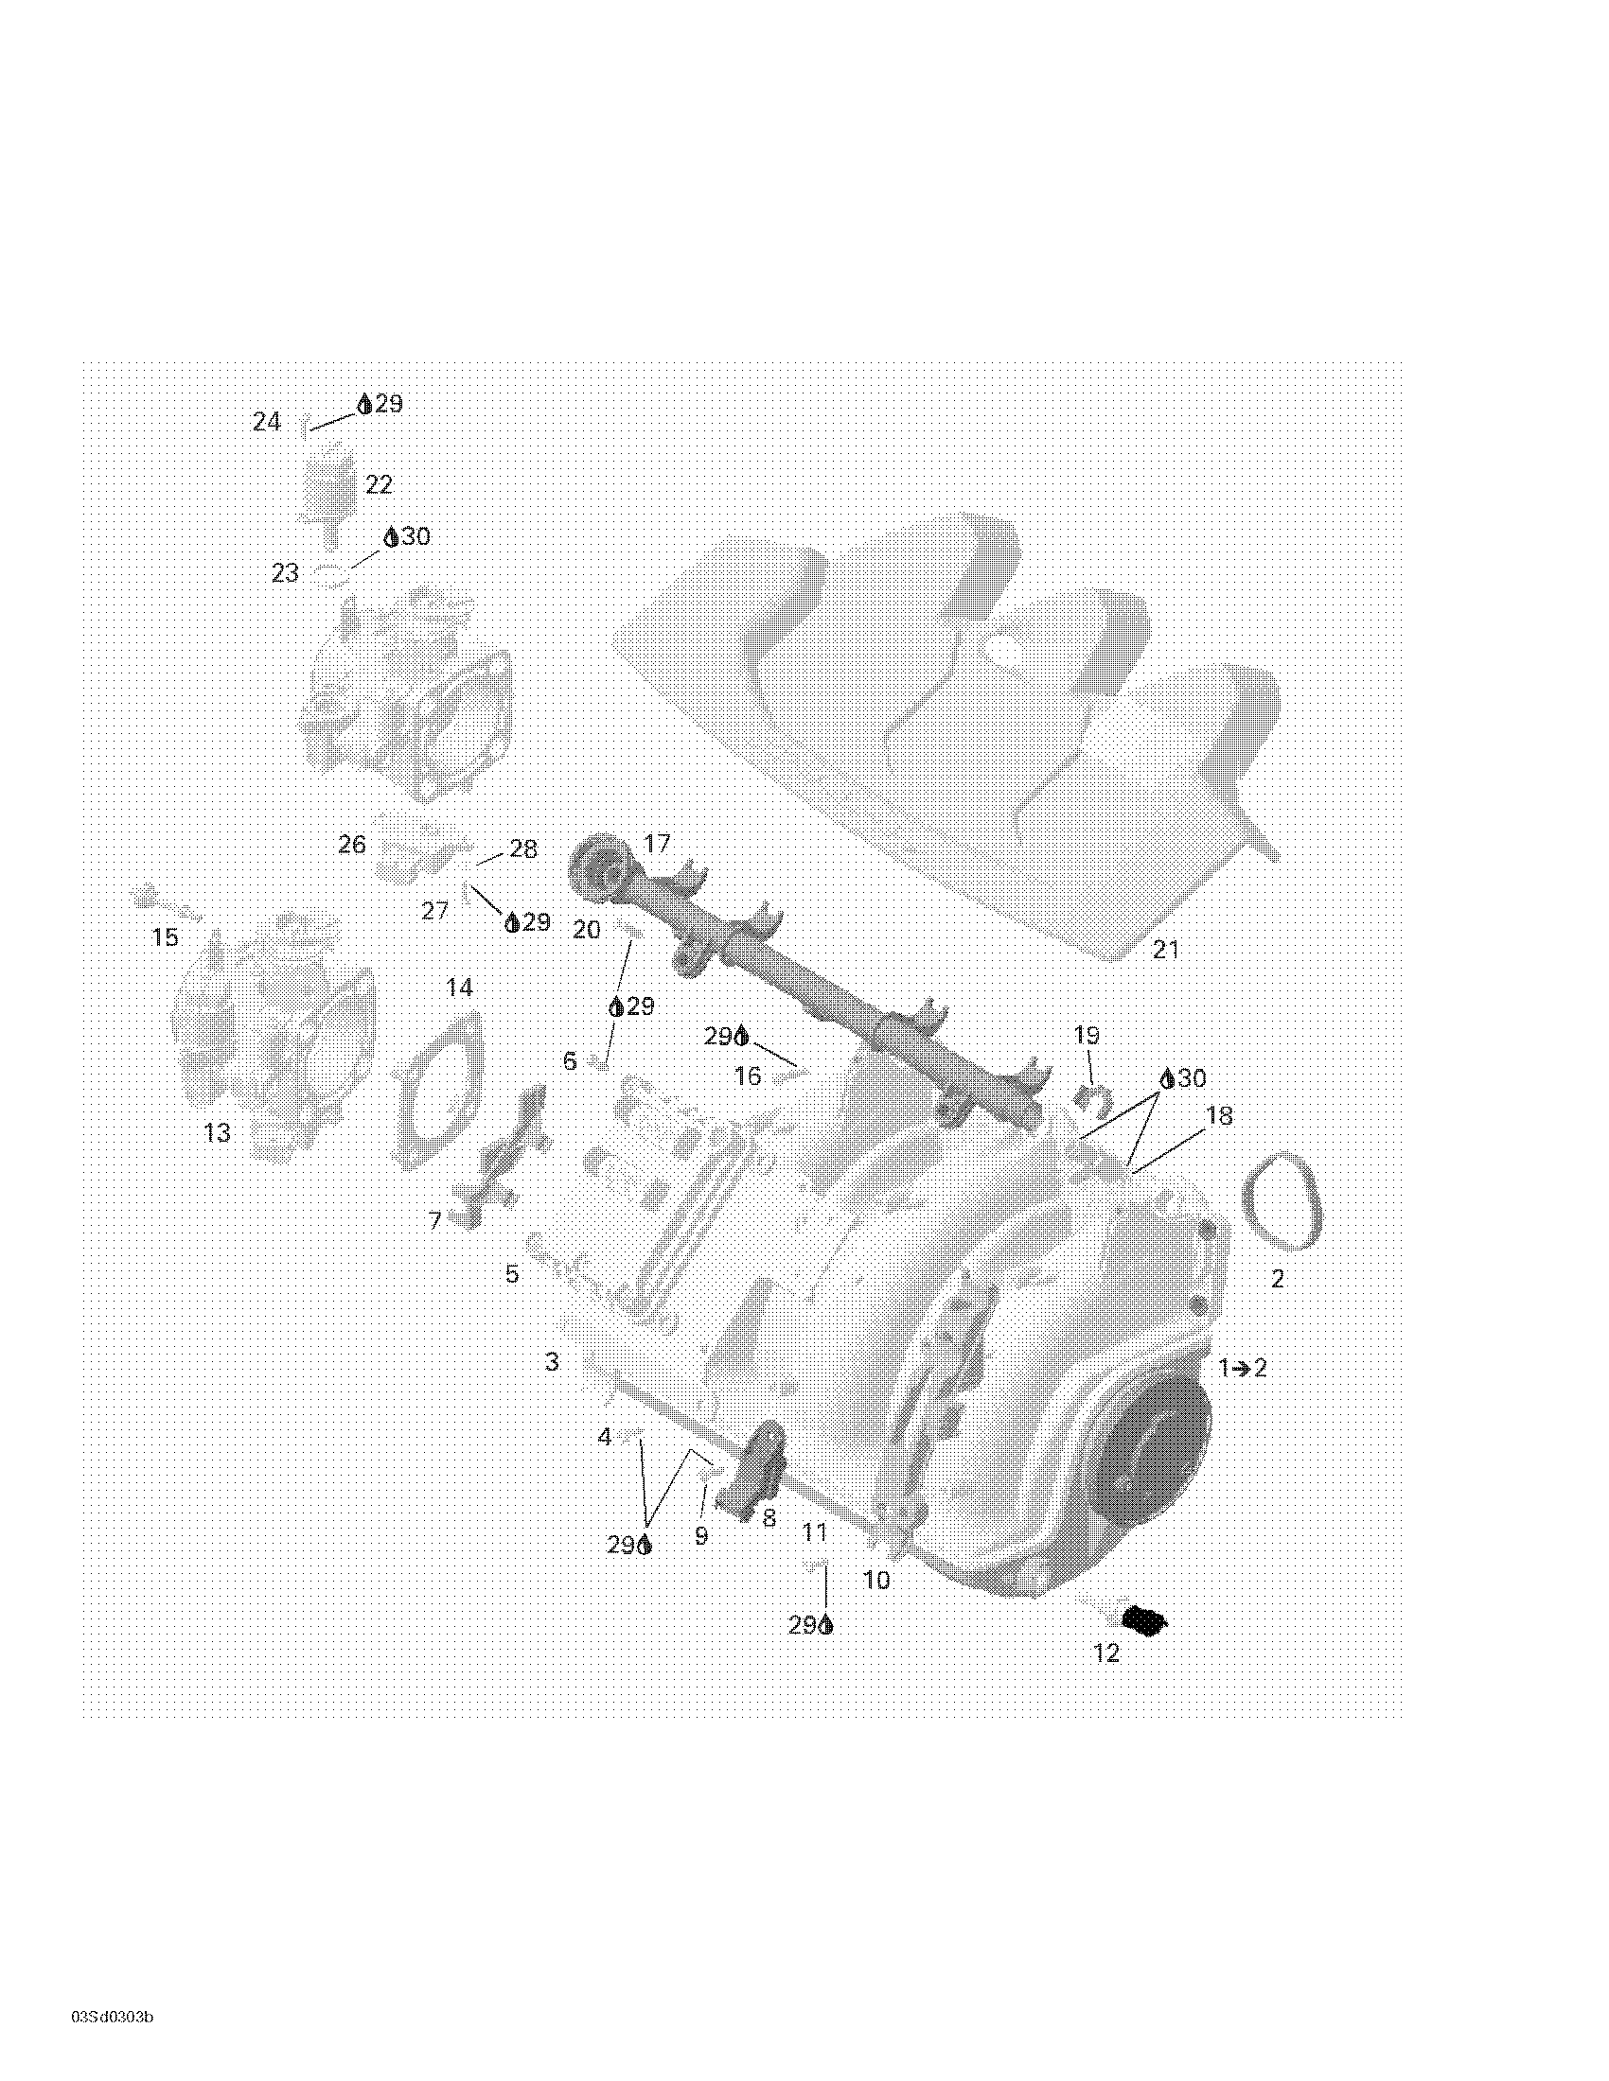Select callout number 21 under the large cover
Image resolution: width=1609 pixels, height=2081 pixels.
point(1166,949)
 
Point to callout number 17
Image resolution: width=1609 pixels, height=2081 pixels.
point(658,843)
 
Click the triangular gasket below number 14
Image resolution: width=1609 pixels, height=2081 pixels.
point(439,1090)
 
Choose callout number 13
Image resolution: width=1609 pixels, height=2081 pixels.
point(218,1132)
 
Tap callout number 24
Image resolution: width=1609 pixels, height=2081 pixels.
point(267,421)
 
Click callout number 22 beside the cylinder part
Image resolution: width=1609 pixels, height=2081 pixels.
point(379,485)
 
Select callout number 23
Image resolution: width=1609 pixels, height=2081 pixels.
point(285,572)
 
